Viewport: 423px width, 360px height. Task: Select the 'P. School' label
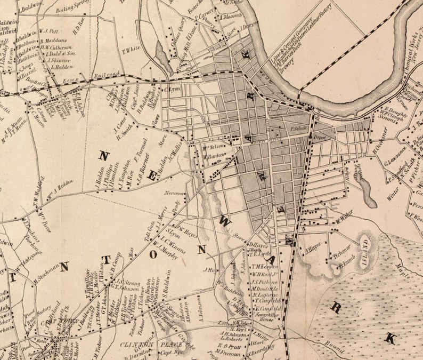click(299, 129)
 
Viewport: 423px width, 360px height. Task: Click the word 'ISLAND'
click(365, 248)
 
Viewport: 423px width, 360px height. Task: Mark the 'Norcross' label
click(174, 193)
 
